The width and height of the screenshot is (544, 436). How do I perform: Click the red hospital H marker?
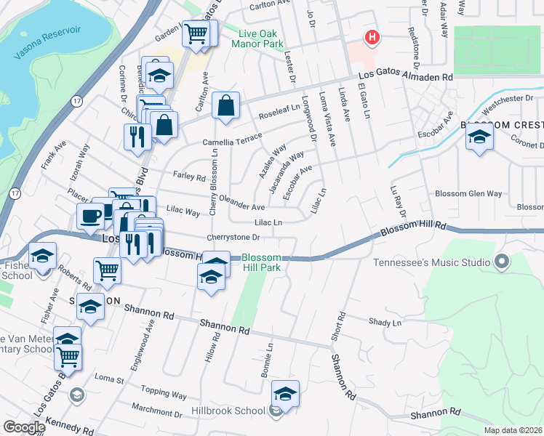[x=372, y=37]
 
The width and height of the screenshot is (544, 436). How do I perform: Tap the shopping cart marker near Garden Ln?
[x=196, y=33]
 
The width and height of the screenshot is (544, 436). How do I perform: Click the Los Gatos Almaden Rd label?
[x=405, y=76]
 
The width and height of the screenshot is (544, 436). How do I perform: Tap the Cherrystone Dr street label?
[x=233, y=237]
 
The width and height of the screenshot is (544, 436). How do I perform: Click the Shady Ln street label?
[x=385, y=322]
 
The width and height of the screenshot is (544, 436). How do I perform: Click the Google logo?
[x=24, y=427]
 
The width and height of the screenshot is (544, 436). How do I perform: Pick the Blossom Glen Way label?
[x=468, y=193]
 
